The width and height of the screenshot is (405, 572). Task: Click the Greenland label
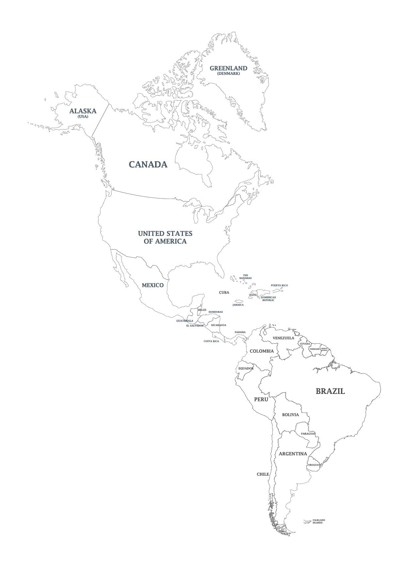228,68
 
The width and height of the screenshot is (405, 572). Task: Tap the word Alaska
83,111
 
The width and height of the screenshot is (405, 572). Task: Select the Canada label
148,164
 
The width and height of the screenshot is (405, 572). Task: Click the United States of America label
165,237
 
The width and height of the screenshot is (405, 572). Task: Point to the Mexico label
153,285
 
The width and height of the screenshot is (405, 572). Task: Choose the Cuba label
224,293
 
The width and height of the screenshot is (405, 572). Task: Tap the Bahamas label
245,277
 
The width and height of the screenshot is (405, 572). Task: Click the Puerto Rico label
279,285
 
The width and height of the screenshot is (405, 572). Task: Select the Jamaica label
238,305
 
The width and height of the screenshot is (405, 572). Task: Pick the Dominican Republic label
268,299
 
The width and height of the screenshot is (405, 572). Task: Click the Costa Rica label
211,341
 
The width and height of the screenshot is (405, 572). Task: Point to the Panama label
240,332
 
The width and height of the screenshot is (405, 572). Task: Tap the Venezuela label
283,338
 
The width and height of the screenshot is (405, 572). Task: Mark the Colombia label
262,351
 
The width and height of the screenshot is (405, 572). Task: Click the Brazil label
330,391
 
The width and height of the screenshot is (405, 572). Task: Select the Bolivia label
290,415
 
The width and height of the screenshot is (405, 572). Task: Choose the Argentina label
293,454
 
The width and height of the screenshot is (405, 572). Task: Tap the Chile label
263,474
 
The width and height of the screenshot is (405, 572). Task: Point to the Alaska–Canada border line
100,120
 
